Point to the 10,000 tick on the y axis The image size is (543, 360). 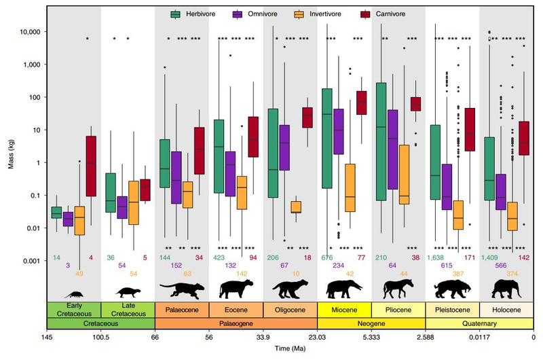(30, 32)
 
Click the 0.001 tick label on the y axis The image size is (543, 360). (32, 261)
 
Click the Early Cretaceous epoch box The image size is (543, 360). (73, 311)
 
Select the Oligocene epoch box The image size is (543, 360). (290, 311)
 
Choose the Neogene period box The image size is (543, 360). (371, 323)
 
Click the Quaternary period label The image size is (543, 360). (480, 323)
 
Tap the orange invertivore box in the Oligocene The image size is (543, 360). (295, 207)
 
